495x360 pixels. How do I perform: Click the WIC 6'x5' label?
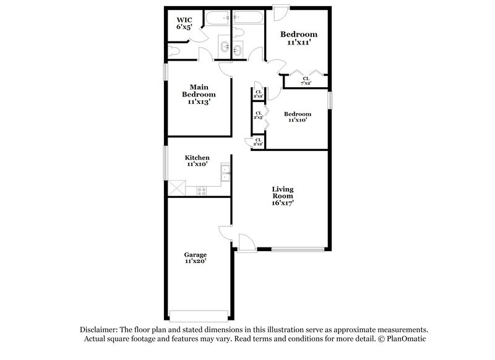click(x=184, y=24)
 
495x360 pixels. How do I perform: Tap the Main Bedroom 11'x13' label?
click(x=199, y=94)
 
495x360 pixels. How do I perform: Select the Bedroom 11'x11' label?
click(x=299, y=38)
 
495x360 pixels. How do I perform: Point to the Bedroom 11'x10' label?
click(x=298, y=117)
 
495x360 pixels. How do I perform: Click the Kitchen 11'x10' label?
click(x=198, y=161)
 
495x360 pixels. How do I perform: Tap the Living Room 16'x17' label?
click(x=282, y=195)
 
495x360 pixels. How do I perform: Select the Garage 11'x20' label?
click(x=195, y=258)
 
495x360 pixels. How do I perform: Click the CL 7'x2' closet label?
click(x=306, y=80)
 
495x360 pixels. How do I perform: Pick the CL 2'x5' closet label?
click(x=259, y=115)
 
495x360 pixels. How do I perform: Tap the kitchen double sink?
click(x=226, y=175)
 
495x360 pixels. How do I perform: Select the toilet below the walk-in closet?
click(x=174, y=51)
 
